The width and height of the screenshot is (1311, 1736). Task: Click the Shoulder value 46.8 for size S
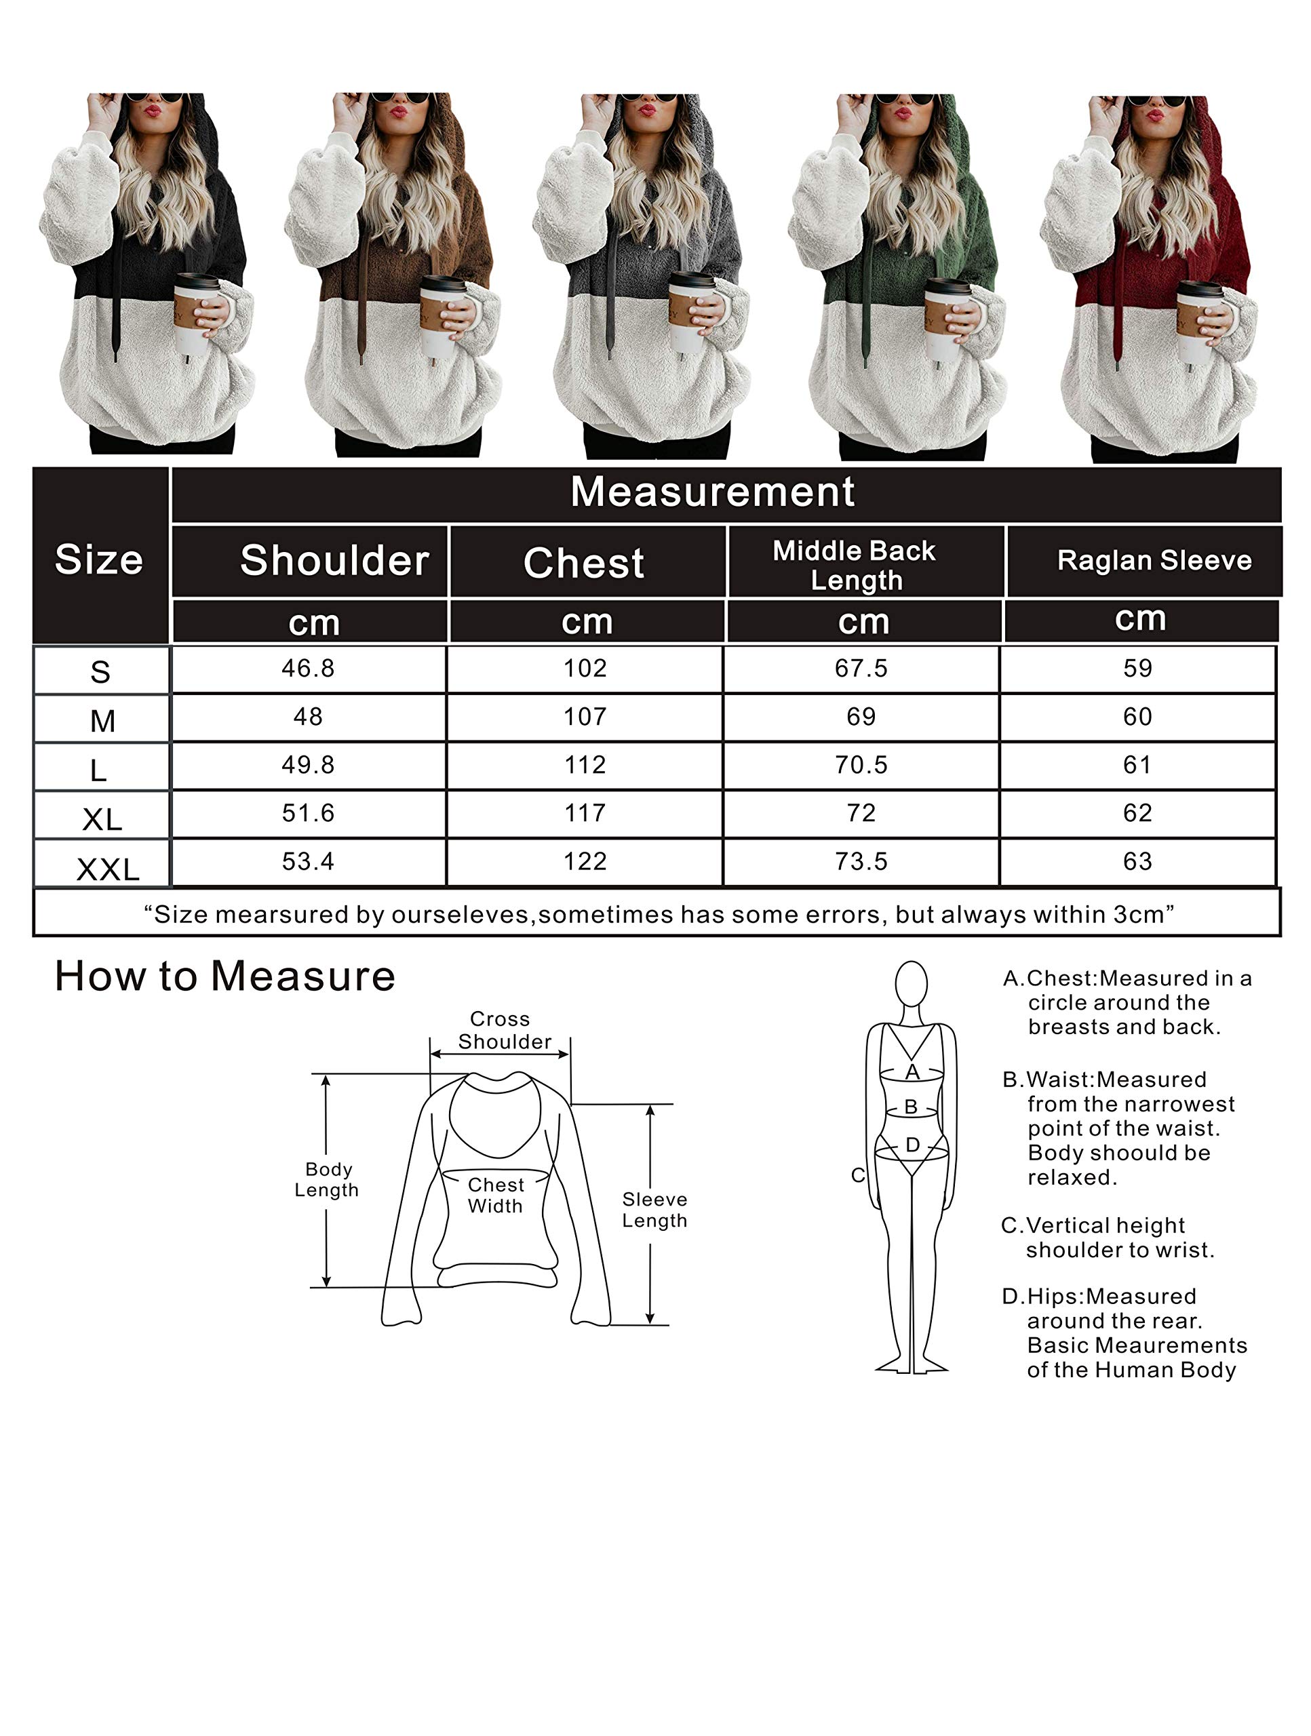click(x=308, y=669)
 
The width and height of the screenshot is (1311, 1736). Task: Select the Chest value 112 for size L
click(x=585, y=765)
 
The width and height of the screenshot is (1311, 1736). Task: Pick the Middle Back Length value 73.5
click(x=861, y=862)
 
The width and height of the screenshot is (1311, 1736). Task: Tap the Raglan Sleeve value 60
click(x=1137, y=717)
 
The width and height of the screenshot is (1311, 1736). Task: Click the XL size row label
click(x=102, y=820)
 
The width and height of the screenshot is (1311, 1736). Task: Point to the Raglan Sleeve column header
click(x=1154, y=560)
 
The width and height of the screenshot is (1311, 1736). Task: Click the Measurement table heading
click(x=712, y=492)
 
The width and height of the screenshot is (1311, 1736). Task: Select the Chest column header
click(x=584, y=563)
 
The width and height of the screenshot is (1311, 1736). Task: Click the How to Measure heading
click(x=224, y=976)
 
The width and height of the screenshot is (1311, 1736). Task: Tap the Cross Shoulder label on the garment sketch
click(x=503, y=1031)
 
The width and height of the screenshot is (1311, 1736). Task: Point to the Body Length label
click(x=327, y=1179)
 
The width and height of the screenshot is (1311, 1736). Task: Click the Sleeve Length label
click(x=654, y=1210)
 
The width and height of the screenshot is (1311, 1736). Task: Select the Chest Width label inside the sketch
click(x=495, y=1196)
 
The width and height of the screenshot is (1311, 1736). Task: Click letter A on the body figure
click(x=912, y=1072)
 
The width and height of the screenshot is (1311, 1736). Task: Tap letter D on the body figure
click(x=912, y=1145)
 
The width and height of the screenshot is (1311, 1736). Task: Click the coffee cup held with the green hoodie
click(x=948, y=319)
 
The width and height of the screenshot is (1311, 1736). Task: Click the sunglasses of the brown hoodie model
click(x=399, y=98)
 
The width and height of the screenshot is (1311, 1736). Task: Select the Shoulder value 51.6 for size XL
click(x=308, y=813)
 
